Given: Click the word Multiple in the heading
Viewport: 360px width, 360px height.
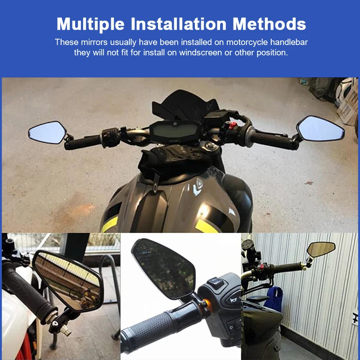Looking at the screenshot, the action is pos(90,24).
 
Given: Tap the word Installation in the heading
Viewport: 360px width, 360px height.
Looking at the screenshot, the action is pos(179,24).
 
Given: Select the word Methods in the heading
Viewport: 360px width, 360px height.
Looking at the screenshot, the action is pos(269,24).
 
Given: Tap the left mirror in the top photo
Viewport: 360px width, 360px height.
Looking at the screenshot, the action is pos(48,132).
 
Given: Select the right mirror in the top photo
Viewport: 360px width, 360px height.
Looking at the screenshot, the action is pos(320,128).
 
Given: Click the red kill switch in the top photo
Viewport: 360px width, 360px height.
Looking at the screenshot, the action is pos(232,126).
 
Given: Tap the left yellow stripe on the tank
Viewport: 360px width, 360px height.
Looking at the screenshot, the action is pos(110,224).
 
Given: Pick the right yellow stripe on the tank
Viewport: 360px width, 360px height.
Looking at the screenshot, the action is pos(206,226).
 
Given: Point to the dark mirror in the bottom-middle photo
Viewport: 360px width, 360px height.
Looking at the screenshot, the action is pos(163,269).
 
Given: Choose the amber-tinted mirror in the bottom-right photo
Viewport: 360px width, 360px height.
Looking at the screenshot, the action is pos(321,249).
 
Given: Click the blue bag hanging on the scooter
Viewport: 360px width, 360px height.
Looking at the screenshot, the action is pos(274,298).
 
